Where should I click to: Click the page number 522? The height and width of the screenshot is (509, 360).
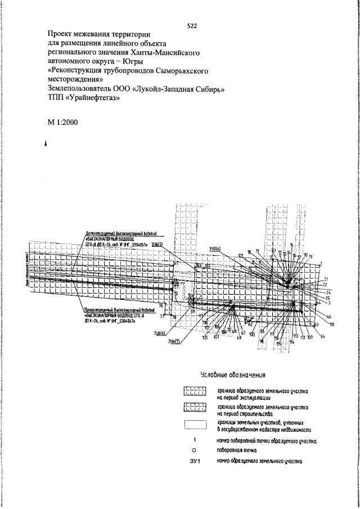click(192, 26)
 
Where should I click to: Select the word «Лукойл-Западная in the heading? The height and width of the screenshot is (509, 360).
click(170, 88)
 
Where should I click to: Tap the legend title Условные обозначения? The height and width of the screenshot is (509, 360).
click(232, 375)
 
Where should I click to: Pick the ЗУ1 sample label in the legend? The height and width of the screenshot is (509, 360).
click(195, 462)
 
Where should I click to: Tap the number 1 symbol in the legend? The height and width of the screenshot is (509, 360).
click(193, 440)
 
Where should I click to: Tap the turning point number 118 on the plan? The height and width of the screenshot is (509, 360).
click(331, 325)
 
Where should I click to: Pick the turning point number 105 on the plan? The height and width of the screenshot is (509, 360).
click(205, 337)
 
